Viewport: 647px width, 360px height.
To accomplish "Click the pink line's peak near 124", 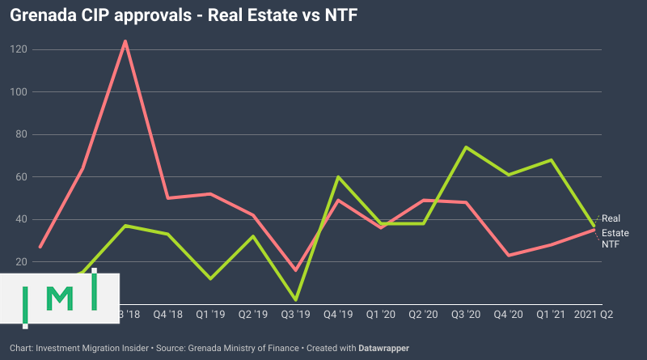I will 125,41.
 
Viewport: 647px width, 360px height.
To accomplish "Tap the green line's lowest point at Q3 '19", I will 295,299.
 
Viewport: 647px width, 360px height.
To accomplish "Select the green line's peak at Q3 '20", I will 466,147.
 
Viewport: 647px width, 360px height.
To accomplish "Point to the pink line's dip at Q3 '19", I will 295,270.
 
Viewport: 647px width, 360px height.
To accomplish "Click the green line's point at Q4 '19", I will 338,176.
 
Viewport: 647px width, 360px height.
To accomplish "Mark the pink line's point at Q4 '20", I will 509,255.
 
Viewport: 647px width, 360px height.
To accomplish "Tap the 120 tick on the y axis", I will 18,49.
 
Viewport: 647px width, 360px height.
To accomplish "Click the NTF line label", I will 611,244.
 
